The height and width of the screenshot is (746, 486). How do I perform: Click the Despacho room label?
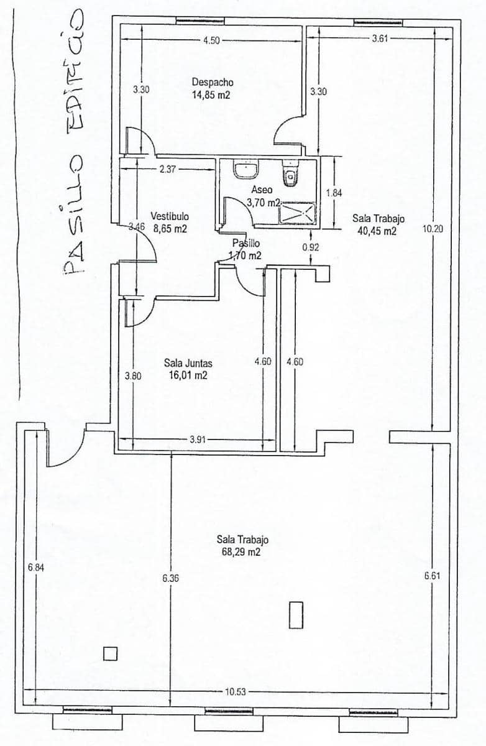tap(212, 82)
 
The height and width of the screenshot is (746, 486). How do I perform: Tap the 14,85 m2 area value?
tap(212, 95)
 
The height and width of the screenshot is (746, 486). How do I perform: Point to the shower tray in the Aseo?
tap(297, 213)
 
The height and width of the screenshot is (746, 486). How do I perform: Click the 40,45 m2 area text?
tap(377, 231)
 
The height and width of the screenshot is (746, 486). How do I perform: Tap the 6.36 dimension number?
tap(170, 578)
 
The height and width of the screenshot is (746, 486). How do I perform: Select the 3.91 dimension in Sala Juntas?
tap(198, 440)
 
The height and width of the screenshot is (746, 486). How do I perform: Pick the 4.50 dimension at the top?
tap(210, 40)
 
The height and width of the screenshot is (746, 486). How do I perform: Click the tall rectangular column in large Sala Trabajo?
tap(295, 614)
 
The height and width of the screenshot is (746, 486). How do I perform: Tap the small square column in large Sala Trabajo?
tap(110, 653)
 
